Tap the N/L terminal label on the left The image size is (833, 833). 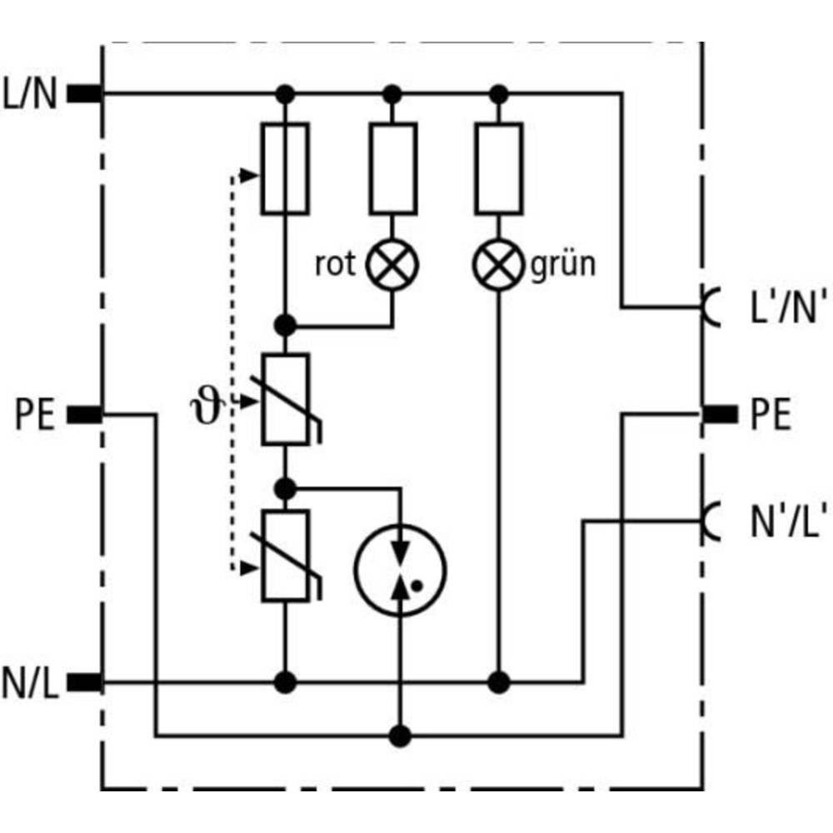tap(30, 683)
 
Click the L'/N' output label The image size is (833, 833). tap(775, 308)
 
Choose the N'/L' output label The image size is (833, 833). tap(775, 521)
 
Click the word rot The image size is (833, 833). tap(335, 265)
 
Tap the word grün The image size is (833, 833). tap(563, 265)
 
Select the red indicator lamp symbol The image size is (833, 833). tap(393, 265)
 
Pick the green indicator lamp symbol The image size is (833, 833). tap(498, 265)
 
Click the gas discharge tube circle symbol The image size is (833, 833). tap(401, 570)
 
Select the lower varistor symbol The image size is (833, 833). tap(286, 556)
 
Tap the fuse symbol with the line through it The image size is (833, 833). tap(285, 168)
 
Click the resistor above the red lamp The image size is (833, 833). tap(393, 168)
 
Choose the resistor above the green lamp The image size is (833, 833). tap(498, 168)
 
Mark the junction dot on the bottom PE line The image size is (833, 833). tap(402, 736)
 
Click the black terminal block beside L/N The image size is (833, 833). tap(84, 94)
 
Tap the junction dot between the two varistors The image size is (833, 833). tap(286, 486)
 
